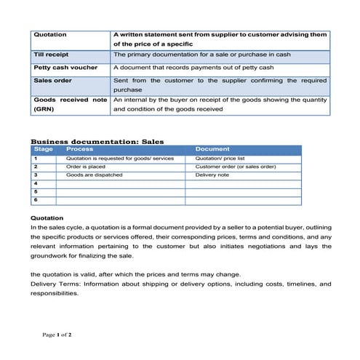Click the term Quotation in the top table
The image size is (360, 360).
click(50, 34)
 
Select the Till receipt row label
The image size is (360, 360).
click(52, 55)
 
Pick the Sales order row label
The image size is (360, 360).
click(53, 81)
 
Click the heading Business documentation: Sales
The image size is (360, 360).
click(97, 141)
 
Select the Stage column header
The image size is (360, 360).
click(43, 149)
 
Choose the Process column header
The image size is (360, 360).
click(79, 149)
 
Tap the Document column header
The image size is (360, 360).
click(212, 149)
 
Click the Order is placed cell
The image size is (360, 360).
click(87, 167)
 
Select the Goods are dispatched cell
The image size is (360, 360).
click(94, 175)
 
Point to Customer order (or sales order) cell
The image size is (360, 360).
click(236, 167)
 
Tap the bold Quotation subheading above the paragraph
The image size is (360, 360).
click(47, 217)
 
